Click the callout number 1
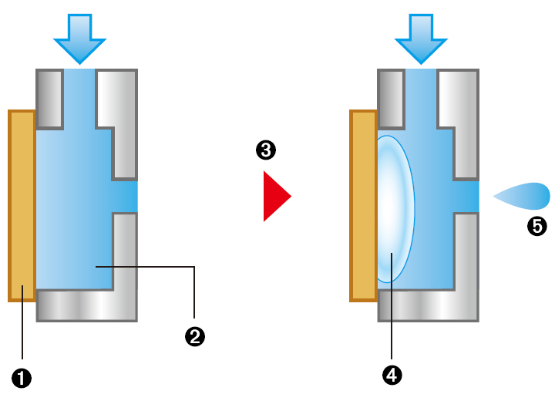point(22,378)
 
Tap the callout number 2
point(194,336)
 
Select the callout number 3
point(266,150)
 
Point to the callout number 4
point(392,375)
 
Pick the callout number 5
point(537,226)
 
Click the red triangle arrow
point(275,197)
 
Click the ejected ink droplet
point(524,196)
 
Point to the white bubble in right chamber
point(395,209)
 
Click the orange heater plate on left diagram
point(22,205)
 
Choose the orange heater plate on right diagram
point(362,205)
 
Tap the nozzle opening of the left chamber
point(126,197)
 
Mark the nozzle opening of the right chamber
point(466,197)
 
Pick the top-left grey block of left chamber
point(50,99)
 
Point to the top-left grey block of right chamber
point(391,99)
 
